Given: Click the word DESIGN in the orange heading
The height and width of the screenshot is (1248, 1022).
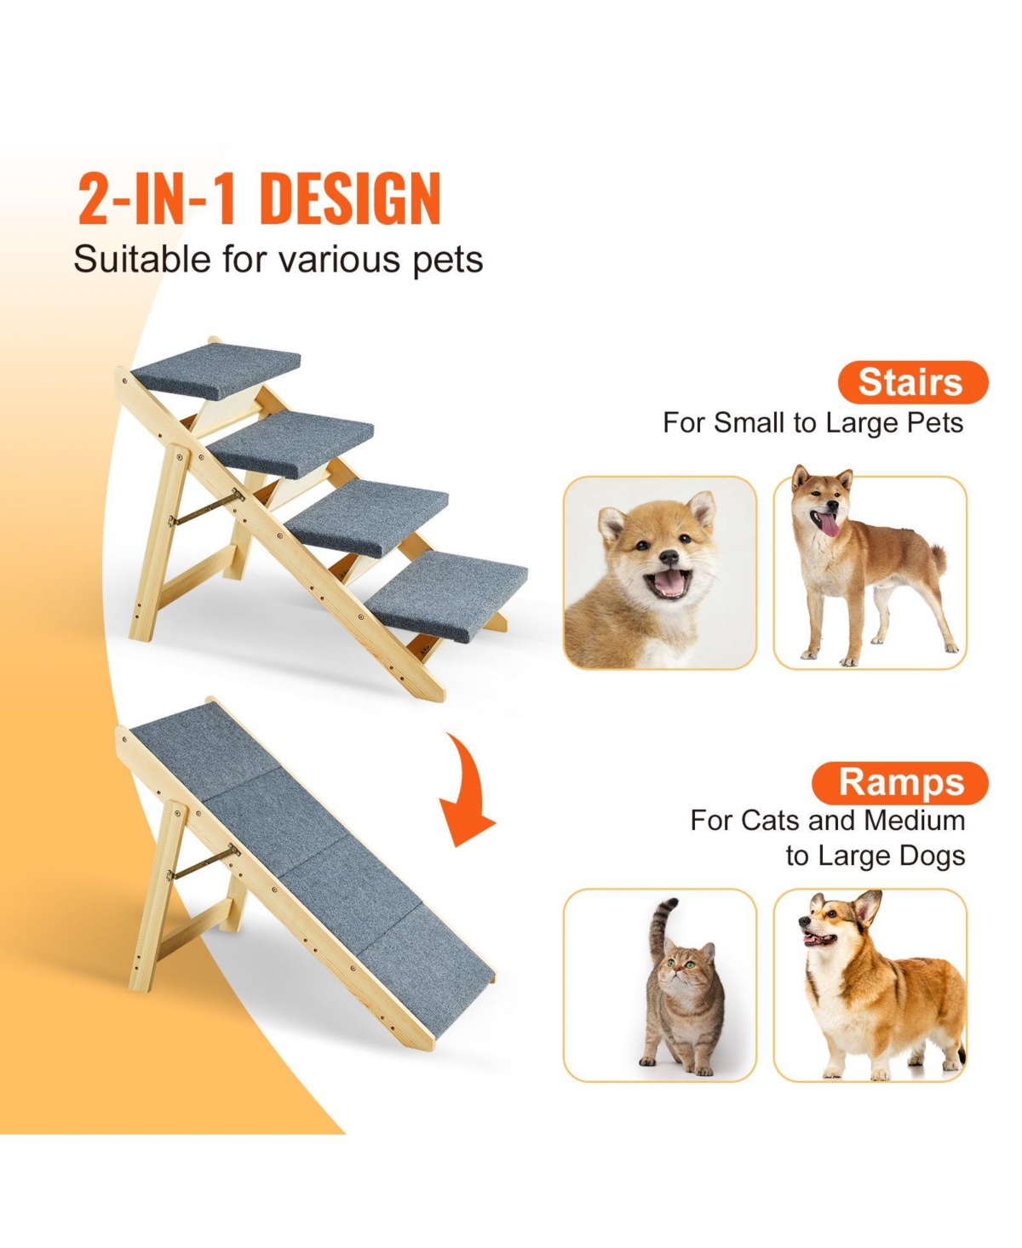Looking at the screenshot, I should pyautogui.click(x=349, y=199).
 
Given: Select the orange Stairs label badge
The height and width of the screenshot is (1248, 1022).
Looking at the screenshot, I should pyautogui.click(x=911, y=382).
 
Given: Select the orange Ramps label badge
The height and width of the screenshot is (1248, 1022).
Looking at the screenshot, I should pyautogui.click(x=901, y=782).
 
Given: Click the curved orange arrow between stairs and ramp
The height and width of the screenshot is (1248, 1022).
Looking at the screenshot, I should pyautogui.click(x=470, y=792).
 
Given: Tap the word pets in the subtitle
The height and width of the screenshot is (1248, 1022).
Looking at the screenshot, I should pyautogui.click(x=448, y=259).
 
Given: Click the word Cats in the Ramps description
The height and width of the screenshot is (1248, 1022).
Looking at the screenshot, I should pyautogui.click(x=771, y=820).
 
